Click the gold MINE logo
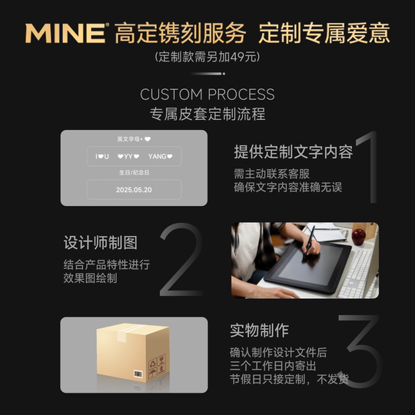(66, 33)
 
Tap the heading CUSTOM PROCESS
(207, 95)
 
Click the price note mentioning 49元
(207, 57)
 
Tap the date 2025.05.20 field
(134, 189)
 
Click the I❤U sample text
(102, 157)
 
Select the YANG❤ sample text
(160, 157)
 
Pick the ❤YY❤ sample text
(130, 157)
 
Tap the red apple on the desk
(358, 236)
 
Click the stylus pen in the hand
(310, 240)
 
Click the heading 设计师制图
(101, 243)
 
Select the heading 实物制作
(260, 330)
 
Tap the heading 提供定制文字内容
(294, 152)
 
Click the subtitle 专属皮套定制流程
(207, 115)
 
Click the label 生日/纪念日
(134, 173)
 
